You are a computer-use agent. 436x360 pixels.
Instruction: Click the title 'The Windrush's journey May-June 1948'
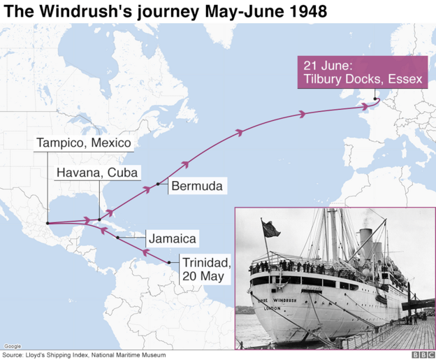click(x=165, y=12)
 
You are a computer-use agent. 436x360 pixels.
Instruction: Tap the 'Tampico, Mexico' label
click(x=84, y=143)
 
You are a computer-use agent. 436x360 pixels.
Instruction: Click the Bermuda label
click(x=196, y=187)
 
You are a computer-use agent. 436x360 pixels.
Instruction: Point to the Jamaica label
click(x=172, y=238)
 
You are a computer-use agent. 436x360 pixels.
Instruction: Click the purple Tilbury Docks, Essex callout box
click(x=363, y=72)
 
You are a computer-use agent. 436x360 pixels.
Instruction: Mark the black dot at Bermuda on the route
click(x=159, y=184)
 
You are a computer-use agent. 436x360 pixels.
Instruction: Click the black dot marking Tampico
click(x=47, y=224)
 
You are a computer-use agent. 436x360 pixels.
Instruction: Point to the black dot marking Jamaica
click(x=117, y=238)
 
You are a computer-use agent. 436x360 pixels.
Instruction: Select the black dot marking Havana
click(x=99, y=219)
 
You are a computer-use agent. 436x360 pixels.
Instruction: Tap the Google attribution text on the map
click(x=12, y=346)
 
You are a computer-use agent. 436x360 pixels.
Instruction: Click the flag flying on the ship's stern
click(x=268, y=229)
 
